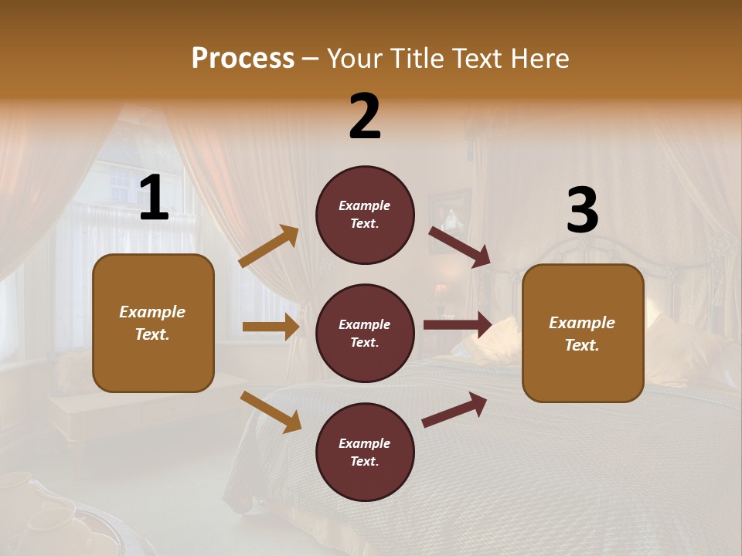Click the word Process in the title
click(x=243, y=59)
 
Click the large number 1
click(x=154, y=199)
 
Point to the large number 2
click(x=365, y=117)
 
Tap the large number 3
click(x=582, y=211)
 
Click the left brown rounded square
click(x=153, y=323)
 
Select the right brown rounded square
click(x=583, y=333)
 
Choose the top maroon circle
click(x=365, y=215)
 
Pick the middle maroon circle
click(x=365, y=333)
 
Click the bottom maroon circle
click(x=365, y=452)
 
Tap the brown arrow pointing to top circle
click(x=269, y=246)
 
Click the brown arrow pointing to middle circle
click(x=271, y=327)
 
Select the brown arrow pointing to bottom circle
click(x=271, y=412)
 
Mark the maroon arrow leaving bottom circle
click(x=454, y=409)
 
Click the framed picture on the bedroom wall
click(x=450, y=210)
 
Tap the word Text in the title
click(x=474, y=59)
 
